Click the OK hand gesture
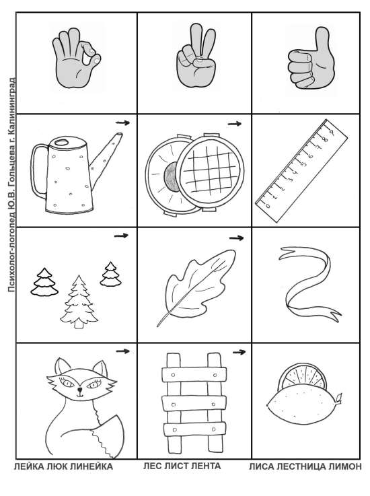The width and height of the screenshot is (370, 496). pyautogui.click(x=76, y=59)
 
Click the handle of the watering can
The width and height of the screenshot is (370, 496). pyautogui.click(x=36, y=171)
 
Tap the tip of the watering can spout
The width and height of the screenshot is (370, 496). pyautogui.click(x=119, y=135)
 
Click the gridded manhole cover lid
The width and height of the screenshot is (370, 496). pyautogui.click(x=210, y=171)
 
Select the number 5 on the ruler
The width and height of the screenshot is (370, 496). pyautogui.click(x=305, y=164)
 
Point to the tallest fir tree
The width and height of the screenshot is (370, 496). pyautogui.click(x=79, y=302)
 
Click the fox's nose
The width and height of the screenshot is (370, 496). pyautogui.click(x=80, y=389)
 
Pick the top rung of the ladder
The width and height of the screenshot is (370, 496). pyautogui.click(x=194, y=375)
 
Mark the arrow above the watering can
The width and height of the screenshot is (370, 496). pyautogui.click(x=122, y=122)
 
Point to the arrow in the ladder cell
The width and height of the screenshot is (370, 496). pyautogui.click(x=239, y=352)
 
